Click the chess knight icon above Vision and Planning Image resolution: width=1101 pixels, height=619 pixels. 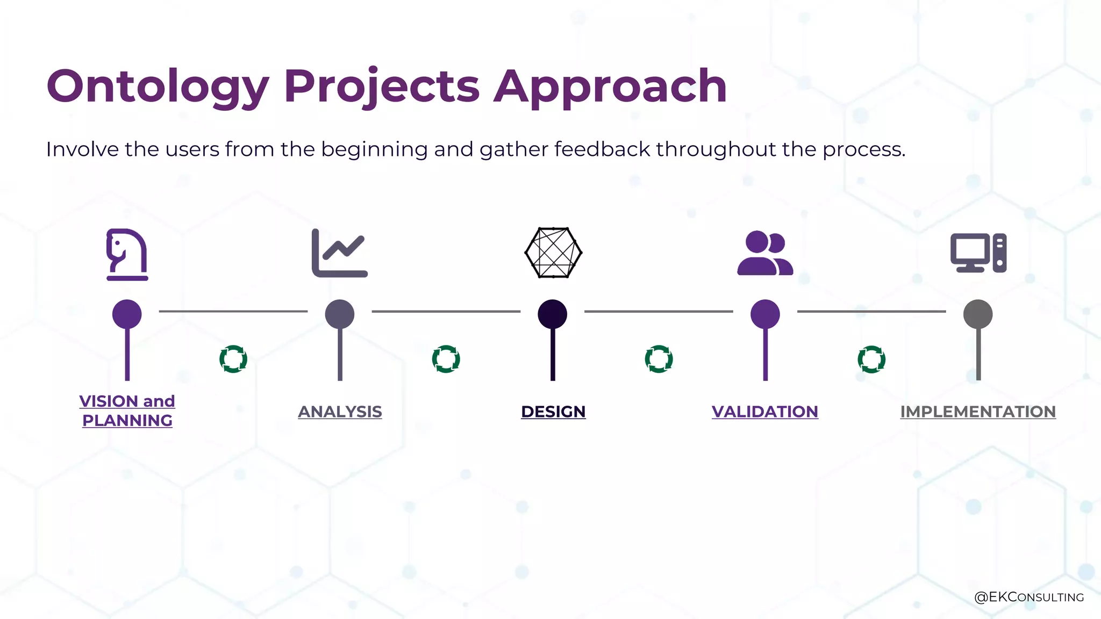pos(127,254)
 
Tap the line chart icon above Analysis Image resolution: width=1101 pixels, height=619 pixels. pos(339,253)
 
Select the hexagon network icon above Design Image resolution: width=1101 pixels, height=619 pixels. pos(553,253)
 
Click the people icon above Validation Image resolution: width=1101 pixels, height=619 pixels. pos(765,253)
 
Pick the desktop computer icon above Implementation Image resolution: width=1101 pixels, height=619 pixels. pos(978,253)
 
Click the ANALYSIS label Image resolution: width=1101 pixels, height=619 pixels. pos(340,412)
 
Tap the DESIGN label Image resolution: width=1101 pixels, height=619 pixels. pos(553,412)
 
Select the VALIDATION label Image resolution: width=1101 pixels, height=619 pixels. pos(764,412)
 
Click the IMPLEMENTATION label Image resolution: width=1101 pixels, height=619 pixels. pos(978,412)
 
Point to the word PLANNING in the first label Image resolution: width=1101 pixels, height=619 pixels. pos(127,421)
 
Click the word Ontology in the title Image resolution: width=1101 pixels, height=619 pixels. pos(157,87)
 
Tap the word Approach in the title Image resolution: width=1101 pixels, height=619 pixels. pos(610,87)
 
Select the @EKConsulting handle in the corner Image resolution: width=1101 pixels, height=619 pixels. pos(1028,597)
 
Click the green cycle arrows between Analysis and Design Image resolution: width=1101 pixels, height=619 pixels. pos(446,359)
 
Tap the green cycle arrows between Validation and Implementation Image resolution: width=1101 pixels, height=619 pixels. pos(871,359)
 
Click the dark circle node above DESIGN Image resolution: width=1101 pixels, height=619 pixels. pos(553,314)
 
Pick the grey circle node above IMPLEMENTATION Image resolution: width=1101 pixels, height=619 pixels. pos(978,314)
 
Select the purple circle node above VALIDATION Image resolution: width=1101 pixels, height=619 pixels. pos(765,314)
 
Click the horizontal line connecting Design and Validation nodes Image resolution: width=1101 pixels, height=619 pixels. pos(659,311)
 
